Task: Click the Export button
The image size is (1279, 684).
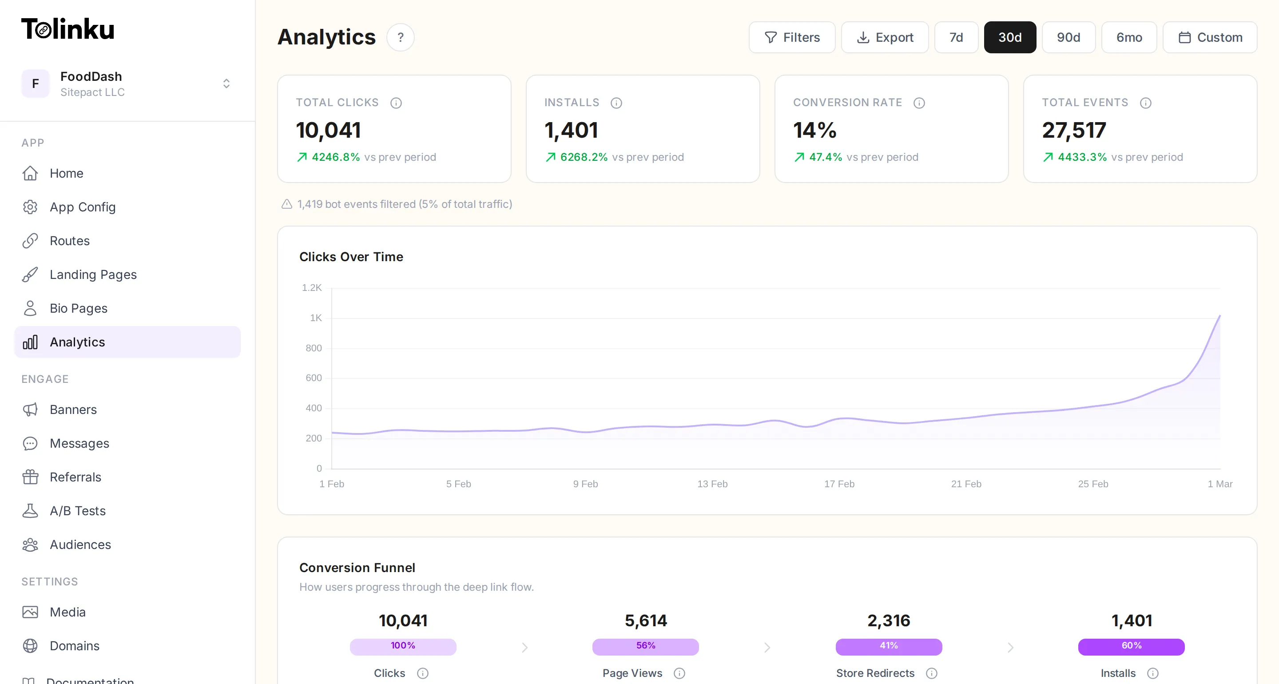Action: tap(884, 37)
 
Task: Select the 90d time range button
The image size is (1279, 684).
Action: tap(1068, 37)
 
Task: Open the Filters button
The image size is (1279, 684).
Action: tap(791, 37)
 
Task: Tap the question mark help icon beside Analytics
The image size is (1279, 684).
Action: tap(400, 37)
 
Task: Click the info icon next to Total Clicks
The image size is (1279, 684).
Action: tap(396, 103)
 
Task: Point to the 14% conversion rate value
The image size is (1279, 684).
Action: tap(814, 130)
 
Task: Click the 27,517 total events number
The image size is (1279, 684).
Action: tap(1073, 130)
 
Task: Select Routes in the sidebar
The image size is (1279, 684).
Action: tap(70, 241)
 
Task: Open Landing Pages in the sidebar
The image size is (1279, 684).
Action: tap(93, 274)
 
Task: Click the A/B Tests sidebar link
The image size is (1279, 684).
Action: tap(77, 511)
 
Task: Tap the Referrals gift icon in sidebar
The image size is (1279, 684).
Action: tap(30, 477)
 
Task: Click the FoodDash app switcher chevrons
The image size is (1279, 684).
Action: tap(226, 84)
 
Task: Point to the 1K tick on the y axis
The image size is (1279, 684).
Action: tap(316, 318)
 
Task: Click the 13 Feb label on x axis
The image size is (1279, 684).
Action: tap(712, 484)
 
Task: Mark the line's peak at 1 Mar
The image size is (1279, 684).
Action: tap(1219, 316)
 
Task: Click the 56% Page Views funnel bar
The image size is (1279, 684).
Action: tap(645, 647)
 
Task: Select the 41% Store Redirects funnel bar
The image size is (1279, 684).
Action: tap(888, 647)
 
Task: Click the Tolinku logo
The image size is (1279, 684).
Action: tap(68, 29)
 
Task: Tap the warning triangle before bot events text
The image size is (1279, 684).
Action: tap(286, 204)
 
